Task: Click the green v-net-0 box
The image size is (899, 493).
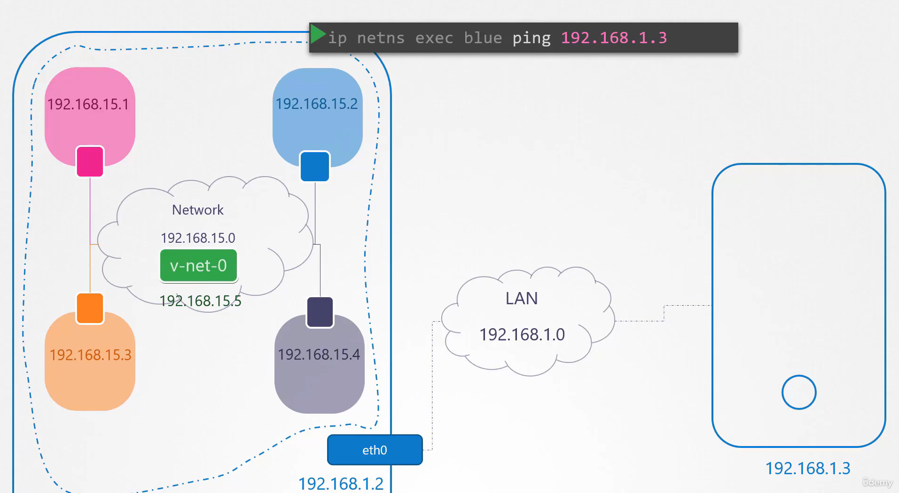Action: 198,266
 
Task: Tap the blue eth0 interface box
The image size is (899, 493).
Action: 375,450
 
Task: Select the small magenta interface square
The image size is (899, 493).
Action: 90,162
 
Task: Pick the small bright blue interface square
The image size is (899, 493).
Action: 315,166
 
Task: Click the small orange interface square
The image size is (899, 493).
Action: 90,308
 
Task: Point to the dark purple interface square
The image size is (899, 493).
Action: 320,312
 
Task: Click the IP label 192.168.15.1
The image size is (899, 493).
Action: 88,104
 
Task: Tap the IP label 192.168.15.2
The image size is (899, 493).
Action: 316,103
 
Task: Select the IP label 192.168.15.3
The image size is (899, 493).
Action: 91,354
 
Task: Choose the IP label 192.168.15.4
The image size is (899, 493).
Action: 319,354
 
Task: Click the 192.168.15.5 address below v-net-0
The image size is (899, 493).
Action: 200,300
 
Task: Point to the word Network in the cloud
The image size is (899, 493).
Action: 198,210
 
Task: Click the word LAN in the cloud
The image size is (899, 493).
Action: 522,298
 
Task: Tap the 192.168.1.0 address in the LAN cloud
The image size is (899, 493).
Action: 522,334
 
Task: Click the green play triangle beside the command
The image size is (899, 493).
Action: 318,34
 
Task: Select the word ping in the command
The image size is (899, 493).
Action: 532,38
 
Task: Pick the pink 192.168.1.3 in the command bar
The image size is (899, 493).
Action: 614,38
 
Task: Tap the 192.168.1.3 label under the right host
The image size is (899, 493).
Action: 808,468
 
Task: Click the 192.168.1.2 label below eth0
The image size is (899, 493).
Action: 341,484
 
